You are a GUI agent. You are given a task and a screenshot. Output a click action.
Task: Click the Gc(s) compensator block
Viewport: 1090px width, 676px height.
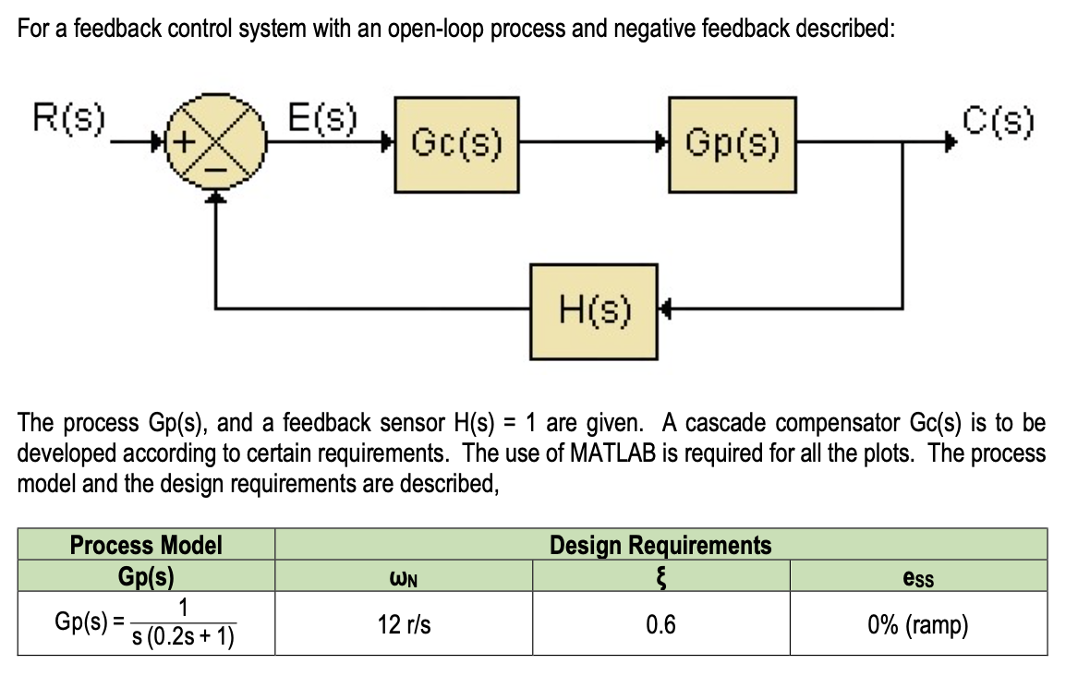tap(456, 144)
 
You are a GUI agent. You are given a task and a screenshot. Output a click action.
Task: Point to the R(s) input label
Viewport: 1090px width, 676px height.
tap(69, 120)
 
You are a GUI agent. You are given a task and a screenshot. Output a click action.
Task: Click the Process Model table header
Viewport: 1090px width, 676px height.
tap(146, 545)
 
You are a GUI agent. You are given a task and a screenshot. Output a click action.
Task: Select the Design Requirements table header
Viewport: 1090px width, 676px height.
tap(660, 545)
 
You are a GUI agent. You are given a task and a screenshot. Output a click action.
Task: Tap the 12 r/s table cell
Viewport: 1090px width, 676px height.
tap(404, 625)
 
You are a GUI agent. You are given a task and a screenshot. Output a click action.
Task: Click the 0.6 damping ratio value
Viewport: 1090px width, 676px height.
tap(660, 625)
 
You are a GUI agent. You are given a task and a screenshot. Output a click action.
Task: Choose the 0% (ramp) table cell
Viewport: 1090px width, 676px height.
tap(917, 625)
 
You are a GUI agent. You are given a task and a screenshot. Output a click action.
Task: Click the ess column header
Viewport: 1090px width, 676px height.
tap(917, 577)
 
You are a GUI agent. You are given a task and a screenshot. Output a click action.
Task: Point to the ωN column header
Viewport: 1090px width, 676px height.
tap(404, 578)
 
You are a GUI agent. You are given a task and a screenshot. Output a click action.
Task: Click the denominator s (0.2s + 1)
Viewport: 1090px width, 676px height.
tap(183, 638)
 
